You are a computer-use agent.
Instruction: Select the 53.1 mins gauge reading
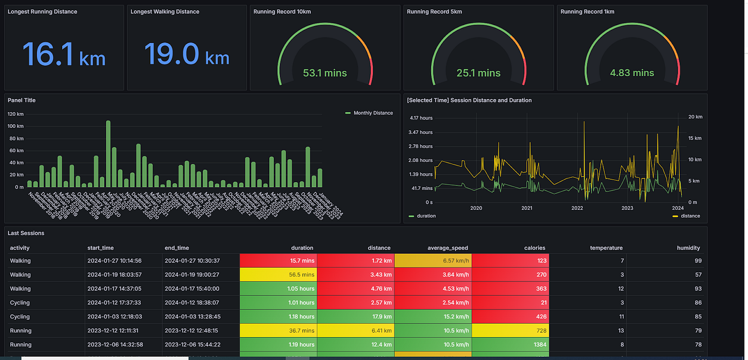[325, 73]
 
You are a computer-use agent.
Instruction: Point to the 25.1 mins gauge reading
[478, 73]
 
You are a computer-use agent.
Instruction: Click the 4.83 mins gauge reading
[632, 73]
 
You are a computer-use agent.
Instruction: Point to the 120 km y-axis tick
[16, 114]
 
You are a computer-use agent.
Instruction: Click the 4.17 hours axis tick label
[421, 118]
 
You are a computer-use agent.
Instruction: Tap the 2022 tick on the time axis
[577, 208]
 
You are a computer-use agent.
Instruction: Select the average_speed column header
[447, 248]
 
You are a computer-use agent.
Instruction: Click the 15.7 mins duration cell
[278, 260]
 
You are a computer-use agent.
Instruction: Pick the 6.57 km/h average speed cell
[433, 260]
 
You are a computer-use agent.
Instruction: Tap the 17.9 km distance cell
[355, 317]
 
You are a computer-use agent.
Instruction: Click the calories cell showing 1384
[510, 345]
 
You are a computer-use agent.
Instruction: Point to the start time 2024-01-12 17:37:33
[114, 302]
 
